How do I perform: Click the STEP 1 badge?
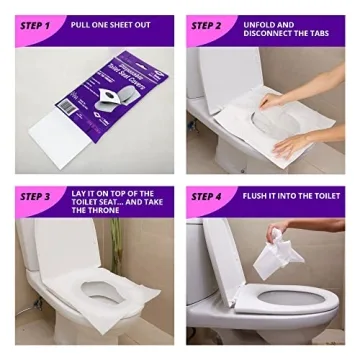click(37, 23)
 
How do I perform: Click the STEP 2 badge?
click(211, 23)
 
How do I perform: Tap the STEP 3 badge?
click(37, 197)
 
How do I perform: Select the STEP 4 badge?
click(211, 197)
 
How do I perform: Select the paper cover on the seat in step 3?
click(95, 290)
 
